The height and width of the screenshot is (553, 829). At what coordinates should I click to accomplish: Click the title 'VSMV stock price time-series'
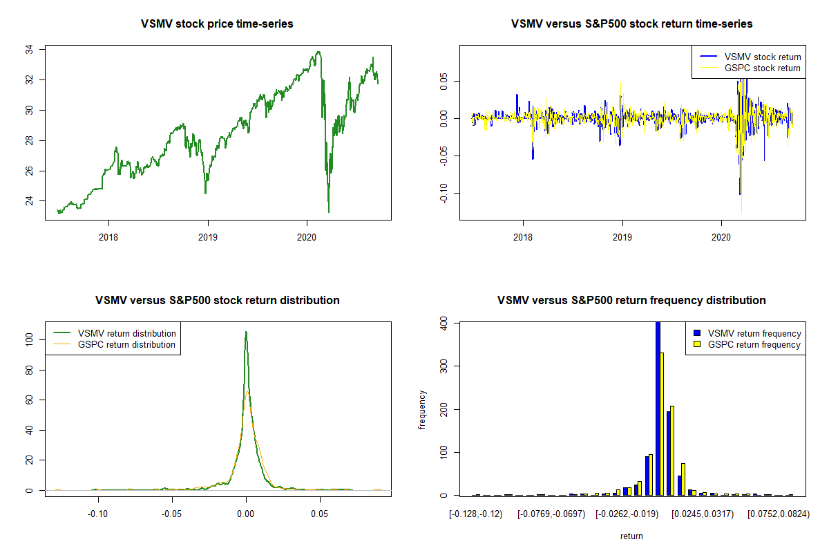point(217,24)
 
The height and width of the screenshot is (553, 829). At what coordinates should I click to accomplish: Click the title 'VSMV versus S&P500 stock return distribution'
point(217,301)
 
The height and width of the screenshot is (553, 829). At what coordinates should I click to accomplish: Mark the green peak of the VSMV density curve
point(245,332)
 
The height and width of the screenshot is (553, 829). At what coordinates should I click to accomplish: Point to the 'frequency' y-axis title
point(423,409)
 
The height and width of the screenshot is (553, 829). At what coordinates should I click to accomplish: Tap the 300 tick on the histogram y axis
point(446,366)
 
